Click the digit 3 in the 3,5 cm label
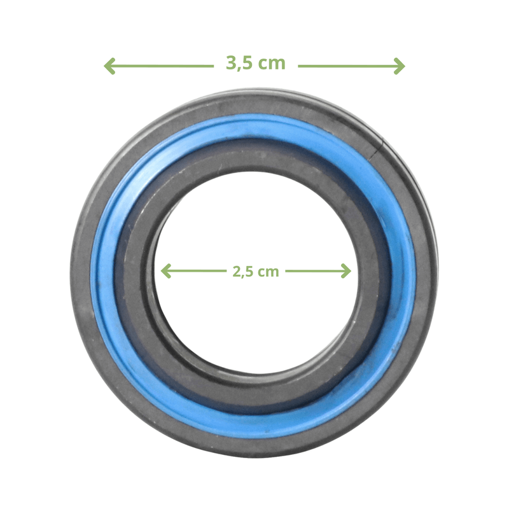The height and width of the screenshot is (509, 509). pos(232,62)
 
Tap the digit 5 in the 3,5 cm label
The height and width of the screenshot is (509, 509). pos(248,62)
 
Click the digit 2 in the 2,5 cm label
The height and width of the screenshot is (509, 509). pos(237,272)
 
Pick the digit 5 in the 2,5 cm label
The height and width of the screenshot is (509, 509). pos(249,272)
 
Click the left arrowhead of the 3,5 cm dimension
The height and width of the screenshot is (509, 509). pos(109,66)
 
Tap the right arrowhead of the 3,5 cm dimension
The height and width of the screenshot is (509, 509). pos(400,66)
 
